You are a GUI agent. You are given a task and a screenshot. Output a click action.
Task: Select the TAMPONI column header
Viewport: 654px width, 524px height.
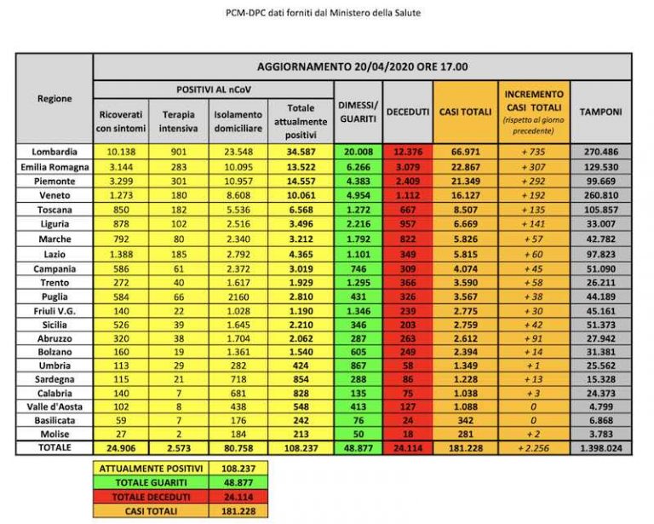(x=600, y=112)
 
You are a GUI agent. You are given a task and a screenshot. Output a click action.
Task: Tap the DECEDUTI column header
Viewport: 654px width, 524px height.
(x=408, y=112)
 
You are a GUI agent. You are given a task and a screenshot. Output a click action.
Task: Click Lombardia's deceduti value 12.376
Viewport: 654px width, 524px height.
(x=408, y=151)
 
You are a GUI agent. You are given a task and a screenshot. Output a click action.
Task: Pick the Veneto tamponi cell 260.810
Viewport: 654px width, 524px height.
(x=600, y=194)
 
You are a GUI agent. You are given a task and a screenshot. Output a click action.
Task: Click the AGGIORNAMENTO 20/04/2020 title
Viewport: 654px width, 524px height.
(x=362, y=66)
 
